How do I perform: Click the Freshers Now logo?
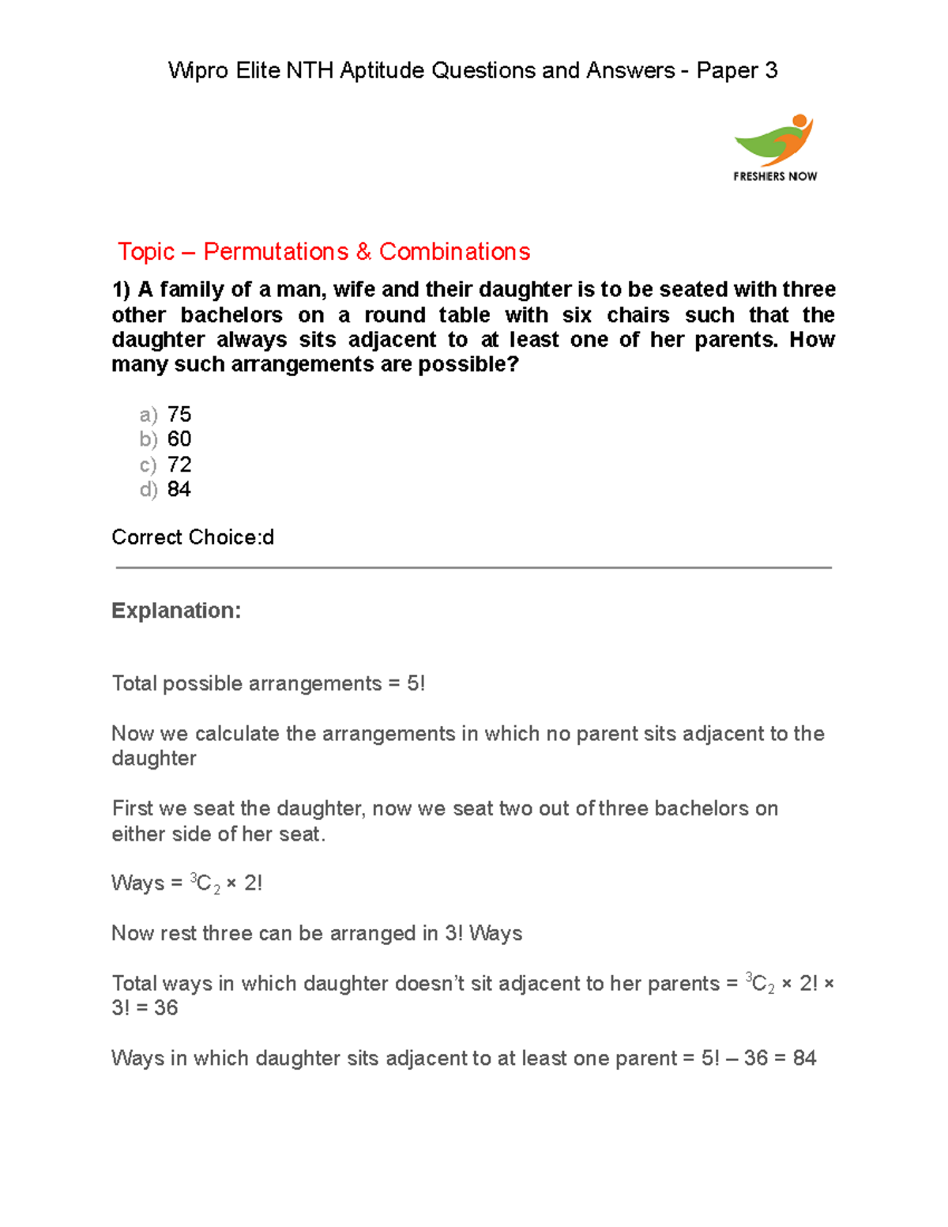click(775, 148)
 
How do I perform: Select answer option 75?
click(179, 414)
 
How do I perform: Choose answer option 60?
click(179, 439)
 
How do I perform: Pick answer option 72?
click(179, 465)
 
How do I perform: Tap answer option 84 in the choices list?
click(179, 490)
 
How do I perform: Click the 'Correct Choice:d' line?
click(193, 537)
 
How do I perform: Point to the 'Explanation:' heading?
click(176, 611)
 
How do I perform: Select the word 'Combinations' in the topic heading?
click(454, 251)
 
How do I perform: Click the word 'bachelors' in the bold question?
click(231, 315)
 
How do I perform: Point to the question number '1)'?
click(122, 290)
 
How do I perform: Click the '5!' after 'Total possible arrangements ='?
click(416, 683)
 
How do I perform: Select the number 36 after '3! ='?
click(166, 1008)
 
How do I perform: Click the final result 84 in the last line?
click(804, 1058)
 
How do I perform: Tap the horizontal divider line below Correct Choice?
click(474, 567)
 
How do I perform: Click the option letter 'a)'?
click(148, 415)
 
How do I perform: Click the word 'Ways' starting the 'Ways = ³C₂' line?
click(137, 883)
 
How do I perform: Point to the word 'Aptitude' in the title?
click(382, 71)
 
